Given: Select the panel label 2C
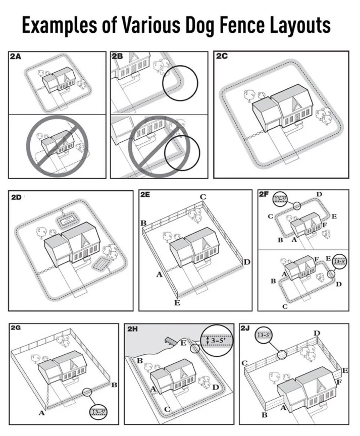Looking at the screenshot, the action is (x=223, y=57).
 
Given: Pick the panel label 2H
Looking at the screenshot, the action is (x=133, y=329).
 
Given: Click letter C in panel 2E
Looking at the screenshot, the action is (x=203, y=196).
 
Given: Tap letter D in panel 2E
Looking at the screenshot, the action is (x=247, y=261).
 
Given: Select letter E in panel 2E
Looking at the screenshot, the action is (x=177, y=302).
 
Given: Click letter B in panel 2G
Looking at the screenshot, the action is (x=114, y=385).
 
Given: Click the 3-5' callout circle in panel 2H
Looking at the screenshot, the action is (x=216, y=340).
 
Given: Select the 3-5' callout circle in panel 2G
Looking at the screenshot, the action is (x=99, y=411).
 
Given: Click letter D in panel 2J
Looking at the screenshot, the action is (x=317, y=333).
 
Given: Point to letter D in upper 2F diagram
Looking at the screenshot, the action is (x=320, y=194).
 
